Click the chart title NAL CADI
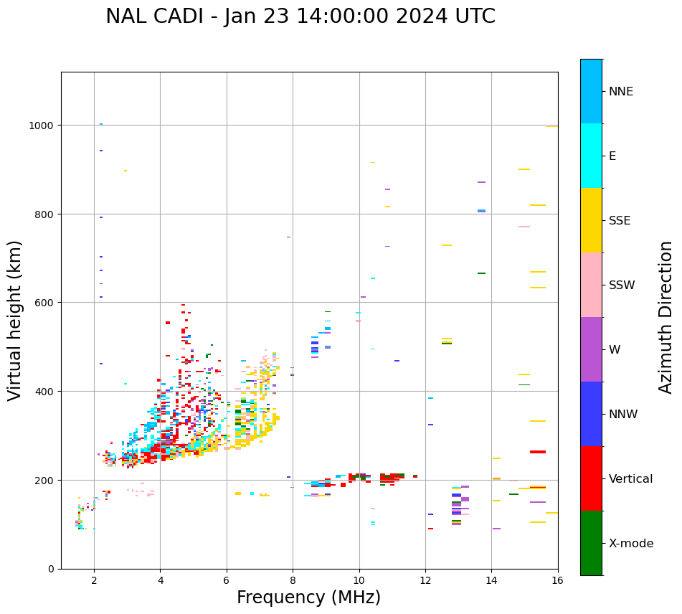pos(300,16)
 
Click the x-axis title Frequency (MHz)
pos(308,598)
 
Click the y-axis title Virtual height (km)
pos(15,320)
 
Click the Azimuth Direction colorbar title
pos(666,317)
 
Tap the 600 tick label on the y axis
pos(46,303)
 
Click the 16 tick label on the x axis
pos(557,581)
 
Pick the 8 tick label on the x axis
pos(293,581)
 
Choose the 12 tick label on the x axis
pos(425,581)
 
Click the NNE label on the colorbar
pos(621,92)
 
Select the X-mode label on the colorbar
pos(631,544)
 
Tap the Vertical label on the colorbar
pos(631,479)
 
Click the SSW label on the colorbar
pos(622,285)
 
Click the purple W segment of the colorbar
pos(591,349)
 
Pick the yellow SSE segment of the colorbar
pos(591,220)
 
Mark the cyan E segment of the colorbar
pos(591,156)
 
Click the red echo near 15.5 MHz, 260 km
pos(538,452)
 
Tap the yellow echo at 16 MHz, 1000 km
pos(551,126)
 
